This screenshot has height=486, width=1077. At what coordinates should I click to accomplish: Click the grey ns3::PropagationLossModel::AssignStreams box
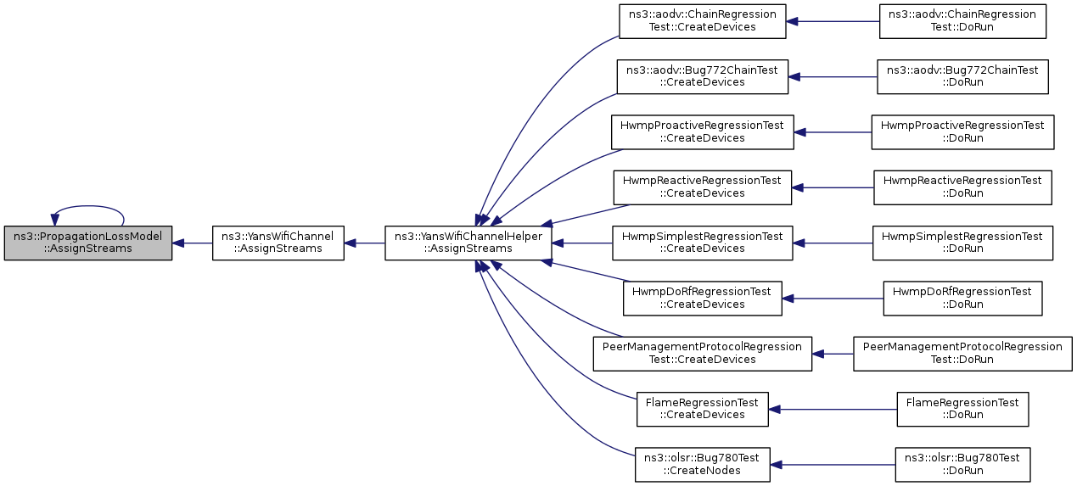88,243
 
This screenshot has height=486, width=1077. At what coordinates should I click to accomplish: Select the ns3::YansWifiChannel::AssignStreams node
278,243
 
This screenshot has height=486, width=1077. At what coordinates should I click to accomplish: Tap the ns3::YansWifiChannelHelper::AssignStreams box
468,243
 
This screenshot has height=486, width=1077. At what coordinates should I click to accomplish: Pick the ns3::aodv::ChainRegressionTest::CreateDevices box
703,21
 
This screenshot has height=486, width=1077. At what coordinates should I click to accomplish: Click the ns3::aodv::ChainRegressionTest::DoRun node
962,21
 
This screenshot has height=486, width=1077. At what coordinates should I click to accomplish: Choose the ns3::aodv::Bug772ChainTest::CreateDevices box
703,77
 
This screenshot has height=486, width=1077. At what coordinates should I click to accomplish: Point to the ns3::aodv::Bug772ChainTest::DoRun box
962,77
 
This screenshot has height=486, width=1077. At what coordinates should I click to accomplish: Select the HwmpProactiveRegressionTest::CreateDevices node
703,132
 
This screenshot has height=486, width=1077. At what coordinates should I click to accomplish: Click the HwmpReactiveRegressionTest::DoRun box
962,187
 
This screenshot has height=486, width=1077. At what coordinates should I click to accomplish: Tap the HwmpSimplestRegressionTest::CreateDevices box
703,243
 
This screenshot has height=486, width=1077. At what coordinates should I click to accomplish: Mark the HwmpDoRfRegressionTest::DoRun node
962,299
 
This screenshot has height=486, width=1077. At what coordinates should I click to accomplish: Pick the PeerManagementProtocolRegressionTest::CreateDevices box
703,354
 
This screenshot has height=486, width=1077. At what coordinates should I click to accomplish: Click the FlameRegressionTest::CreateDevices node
703,409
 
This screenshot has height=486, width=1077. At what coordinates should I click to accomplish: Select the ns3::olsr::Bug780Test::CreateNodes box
703,465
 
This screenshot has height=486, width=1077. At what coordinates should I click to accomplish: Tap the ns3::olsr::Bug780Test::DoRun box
962,465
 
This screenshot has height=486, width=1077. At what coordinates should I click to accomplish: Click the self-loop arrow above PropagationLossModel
88,206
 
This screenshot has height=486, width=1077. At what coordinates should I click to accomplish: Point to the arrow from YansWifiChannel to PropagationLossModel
193,243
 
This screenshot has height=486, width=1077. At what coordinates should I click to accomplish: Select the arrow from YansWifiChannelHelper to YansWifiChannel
364,243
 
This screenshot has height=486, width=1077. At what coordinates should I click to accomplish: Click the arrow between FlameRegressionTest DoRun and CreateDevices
833,410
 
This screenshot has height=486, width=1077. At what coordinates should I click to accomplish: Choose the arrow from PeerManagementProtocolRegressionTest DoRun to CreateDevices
833,355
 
